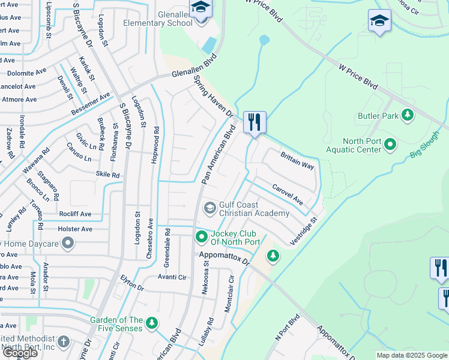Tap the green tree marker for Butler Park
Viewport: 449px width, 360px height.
tap(408, 115)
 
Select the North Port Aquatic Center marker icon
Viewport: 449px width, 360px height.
tap(390, 145)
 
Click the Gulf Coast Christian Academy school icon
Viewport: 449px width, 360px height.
tap(209, 208)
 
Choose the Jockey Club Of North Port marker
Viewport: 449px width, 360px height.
tap(202, 238)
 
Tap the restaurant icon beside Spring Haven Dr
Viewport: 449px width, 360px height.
tap(255, 122)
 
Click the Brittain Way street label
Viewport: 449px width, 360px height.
tap(297, 160)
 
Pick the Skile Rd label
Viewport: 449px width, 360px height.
tap(107, 175)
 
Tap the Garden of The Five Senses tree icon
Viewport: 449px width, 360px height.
tap(152, 323)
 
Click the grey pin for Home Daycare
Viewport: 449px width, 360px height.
tap(68, 243)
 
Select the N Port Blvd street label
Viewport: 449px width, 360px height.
tap(286, 328)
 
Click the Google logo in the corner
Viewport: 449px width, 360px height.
tap(19, 353)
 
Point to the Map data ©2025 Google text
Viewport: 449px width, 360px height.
tap(411, 355)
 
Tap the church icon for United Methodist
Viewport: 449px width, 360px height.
tap(64, 341)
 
